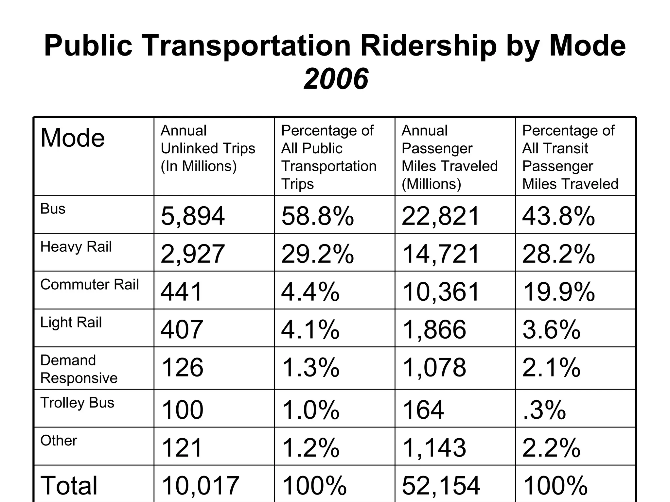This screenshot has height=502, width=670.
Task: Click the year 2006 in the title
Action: pyautogui.click(x=336, y=79)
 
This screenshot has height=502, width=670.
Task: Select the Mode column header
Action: pyautogui.click(x=73, y=138)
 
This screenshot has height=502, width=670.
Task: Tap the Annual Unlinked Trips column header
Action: pyautogui.click(x=208, y=148)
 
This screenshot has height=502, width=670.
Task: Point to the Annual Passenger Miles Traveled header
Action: pyautogui.click(x=449, y=157)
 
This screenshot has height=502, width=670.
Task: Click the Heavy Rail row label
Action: pyautogui.click(x=76, y=246)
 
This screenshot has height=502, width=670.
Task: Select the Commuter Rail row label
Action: pyautogui.click(x=89, y=284)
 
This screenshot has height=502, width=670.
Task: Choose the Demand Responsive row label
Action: pyautogui.click(x=79, y=369)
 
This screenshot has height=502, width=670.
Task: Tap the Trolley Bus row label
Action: pyautogui.click(x=77, y=403)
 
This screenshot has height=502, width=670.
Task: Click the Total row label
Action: pyautogui.click(x=69, y=485)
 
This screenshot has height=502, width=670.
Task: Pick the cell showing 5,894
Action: pyautogui.click(x=193, y=216)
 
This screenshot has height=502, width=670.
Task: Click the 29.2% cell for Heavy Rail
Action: pyautogui.click(x=317, y=254)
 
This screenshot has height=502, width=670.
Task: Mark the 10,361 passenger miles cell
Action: pyautogui.click(x=441, y=292)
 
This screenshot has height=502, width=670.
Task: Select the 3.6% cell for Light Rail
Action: pyautogui.click(x=551, y=329)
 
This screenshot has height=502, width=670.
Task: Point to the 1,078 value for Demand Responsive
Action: pyautogui.click(x=434, y=367)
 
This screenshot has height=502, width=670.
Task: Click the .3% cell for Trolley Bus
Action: pyautogui.click(x=544, y=410)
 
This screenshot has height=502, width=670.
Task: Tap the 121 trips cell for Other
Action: pyautogui.click(x=182, y=448)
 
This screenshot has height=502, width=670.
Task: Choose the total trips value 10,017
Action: pyautogui.click(x=200, y=485)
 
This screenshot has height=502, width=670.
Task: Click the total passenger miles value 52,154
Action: pyautogui.click(x=441, y=485)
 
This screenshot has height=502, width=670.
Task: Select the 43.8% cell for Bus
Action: pyautogui.click(x=558, y=216)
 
